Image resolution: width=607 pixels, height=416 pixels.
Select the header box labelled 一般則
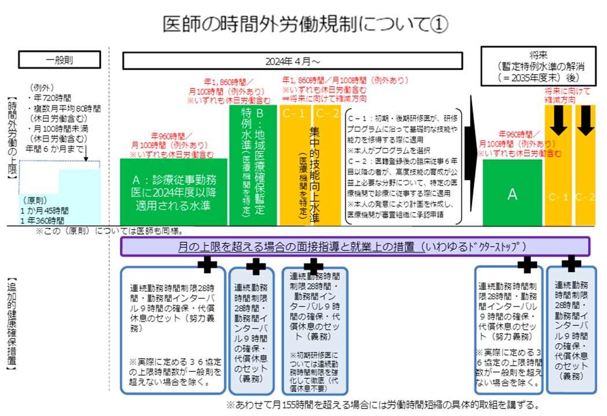(x=60, y=60)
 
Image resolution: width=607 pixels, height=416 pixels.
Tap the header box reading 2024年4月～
(x=292, y=61)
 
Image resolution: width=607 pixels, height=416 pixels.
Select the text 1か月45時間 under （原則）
(x=44, y=211)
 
